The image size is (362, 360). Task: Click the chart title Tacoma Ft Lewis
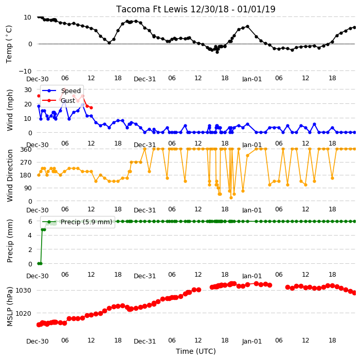(x=152, y=9)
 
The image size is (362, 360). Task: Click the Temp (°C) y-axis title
(x=9, y=44)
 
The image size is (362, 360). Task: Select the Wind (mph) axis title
(x=10, y=111)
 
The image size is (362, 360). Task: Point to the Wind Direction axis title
(x=10, y=175)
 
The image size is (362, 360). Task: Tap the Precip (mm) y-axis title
(x=10, y=241)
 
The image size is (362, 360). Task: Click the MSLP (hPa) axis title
(x=10, y=307)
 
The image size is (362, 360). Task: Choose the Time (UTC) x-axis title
(x=196, y=351)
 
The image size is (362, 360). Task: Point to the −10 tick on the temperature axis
(x=25, y=71)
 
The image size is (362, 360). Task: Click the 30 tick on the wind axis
(x=28, y=89)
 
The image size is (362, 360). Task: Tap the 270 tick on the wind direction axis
(x=26, y=163)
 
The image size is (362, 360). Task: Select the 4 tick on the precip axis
(x=30, y=236)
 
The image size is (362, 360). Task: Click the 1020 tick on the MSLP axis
(x=23, y=313)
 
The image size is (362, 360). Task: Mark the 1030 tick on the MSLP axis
(x=23, y=290)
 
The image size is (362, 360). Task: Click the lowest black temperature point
(x=217, y=52)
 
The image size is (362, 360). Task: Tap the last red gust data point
(x=91, y=107)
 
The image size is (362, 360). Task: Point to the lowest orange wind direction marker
(x=231, y=197)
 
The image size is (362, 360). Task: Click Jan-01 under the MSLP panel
(x=252, y=341)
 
